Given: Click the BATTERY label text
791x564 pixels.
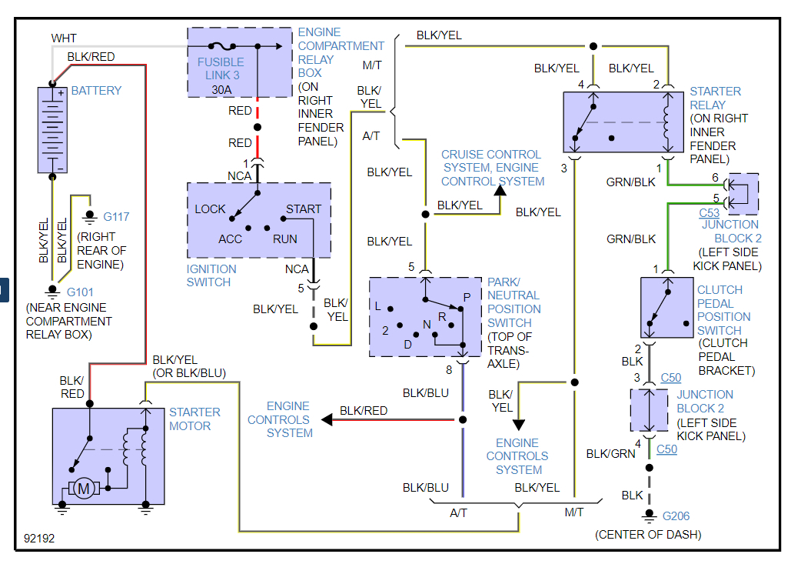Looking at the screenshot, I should [x=96, y=91].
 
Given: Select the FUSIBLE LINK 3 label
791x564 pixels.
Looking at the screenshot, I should [x=221, y=68].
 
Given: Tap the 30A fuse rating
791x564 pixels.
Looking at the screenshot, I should [x=221, y=89].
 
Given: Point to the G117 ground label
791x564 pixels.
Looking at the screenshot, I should [x=116, y=217].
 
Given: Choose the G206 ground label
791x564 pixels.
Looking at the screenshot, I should [x=676, y=516].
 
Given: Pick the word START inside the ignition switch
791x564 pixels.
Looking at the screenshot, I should [x=304, y=209].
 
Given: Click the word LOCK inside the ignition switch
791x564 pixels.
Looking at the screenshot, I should [x=210, y=209].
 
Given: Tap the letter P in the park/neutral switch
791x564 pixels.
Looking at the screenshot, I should [x=467, y=298].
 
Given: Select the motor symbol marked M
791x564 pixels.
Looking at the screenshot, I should [x=85, y=487].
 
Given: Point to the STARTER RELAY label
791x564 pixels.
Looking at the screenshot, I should [x=715, y=98].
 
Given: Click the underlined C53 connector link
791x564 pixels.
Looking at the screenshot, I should [x=709, y=213].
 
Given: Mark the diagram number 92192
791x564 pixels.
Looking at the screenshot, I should [x=39, y=539].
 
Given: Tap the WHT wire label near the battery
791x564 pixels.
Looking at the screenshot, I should [x=64, y=38].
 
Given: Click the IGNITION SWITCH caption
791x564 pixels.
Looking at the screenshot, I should [x=211, y=275].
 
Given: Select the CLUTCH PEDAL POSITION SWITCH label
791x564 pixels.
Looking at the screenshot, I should [x=723, y=310].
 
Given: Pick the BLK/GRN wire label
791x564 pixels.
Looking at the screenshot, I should [x=610, y=454].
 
